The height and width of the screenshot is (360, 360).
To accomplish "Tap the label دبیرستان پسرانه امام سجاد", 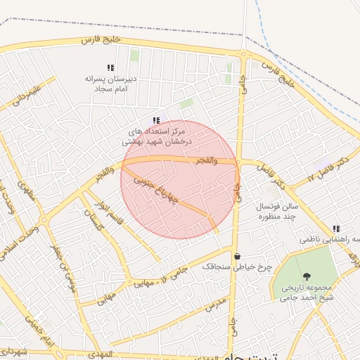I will (x=109, y=84).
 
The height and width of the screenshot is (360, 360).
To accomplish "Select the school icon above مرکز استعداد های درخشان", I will (x=156, y=120).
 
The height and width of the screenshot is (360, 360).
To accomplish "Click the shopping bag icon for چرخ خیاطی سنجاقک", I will (x=237, y=256).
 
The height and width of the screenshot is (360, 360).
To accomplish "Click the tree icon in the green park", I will (x=306, y=276).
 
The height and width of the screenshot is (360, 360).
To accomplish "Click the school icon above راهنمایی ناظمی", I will (x=337, y=229).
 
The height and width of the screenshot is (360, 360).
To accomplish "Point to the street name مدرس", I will (x=218, y=305).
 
